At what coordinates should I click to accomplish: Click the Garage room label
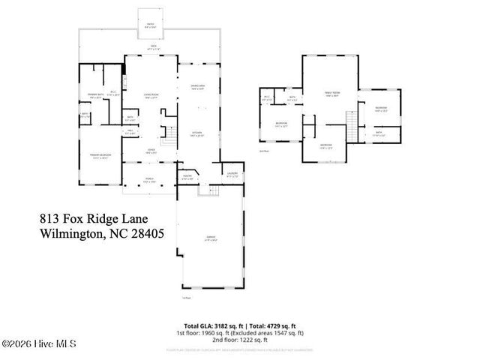[211, 238]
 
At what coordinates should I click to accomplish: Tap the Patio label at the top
[150, 25]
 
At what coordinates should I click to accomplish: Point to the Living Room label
[151, 95]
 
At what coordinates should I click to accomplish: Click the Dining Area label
[197, 88]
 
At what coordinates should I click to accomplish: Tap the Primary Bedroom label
[100, 155]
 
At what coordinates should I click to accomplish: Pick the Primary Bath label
[96, 96]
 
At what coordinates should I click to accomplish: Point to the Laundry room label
[232, 174]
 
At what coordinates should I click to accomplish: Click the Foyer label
[151, 151]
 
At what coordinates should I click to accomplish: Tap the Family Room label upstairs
[331, 94]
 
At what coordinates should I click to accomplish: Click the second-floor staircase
[349, 124]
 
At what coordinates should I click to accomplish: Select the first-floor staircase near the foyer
[170, 137]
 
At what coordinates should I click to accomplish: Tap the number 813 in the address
[50, 219]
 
